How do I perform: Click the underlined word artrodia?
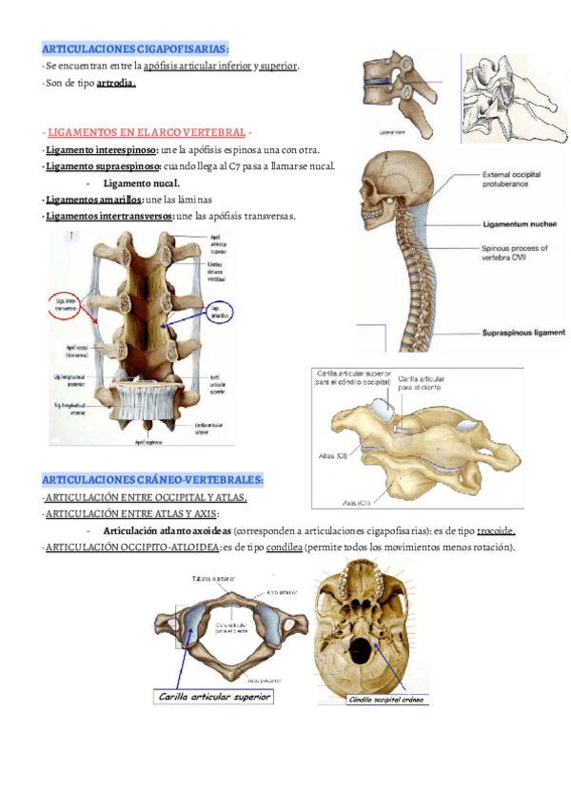116,84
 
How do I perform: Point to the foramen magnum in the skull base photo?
364,651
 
